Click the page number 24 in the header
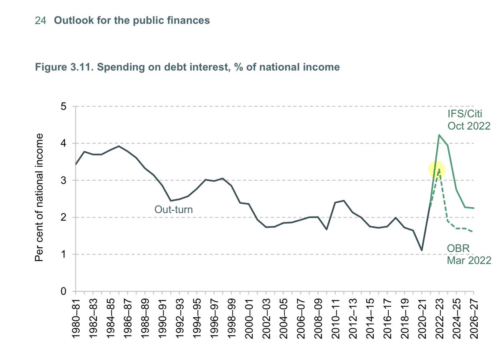[40, 20]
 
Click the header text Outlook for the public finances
[132, 20]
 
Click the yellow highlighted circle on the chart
[437, 170]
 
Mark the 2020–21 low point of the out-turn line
[422, 250]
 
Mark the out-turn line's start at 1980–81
[76, 164]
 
